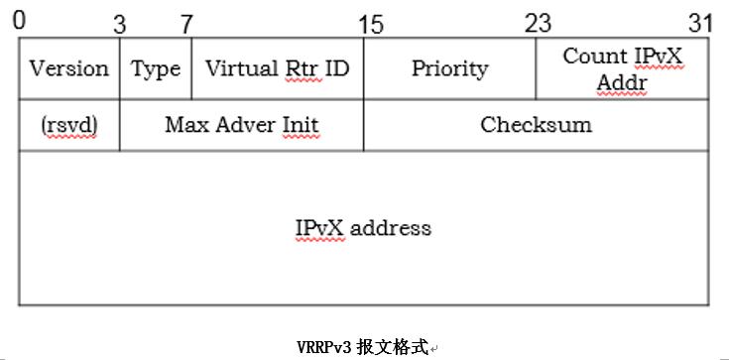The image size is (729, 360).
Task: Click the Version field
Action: click(x=68, y=68)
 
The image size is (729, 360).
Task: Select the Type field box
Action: click(x=156, y=68)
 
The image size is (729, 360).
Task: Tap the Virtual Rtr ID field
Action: click(x=277, y=68)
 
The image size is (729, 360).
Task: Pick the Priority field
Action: click(x=449, y=68)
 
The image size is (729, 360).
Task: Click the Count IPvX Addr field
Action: click(x=622, y=68)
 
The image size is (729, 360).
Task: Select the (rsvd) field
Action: click(x=68, y=125)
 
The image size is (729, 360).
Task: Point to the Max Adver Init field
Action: click(x=241, y=125)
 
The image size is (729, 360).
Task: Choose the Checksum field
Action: click(x=536, y=125)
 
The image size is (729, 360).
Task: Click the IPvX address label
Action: click(x=363, y=228)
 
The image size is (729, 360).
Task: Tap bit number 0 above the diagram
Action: click(x=21, y=21)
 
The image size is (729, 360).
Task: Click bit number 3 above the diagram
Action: click(x=119, y=25)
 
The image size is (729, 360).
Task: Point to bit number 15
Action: click(x=371, y=24)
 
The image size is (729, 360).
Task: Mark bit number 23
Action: click(x=538, y=23)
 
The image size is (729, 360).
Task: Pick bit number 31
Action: click(x=700, y=23)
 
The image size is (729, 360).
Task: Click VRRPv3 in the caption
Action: click(x=325, y=347)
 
